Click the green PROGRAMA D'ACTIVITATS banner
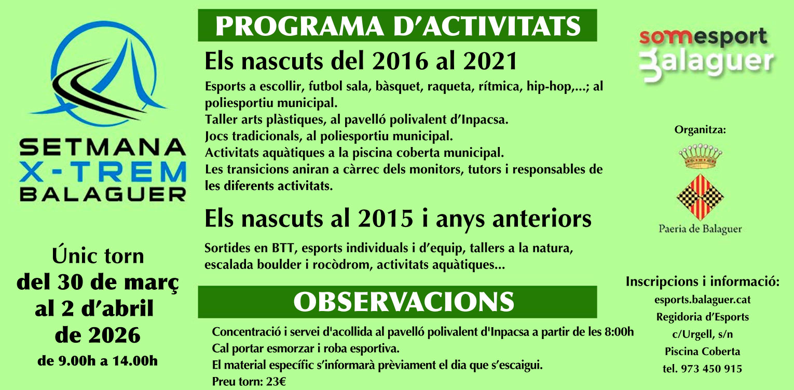[x=398, y=25]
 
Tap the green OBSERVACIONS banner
[x=398, y=302]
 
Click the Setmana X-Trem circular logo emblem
[x=99, y=73]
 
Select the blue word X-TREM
[x=103, y=171]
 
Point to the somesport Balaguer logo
[x=706, y=55]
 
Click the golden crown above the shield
[x=700, y=156]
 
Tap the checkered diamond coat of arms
[x=700, y=197]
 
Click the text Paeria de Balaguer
[x=700, y=229]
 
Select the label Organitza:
[x=700, y=130]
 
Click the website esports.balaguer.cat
[x=703, y=300]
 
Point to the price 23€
[x=276, y=382]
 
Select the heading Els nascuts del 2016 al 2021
[x=361, y=61]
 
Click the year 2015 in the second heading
[x=386, y=219]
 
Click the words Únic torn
[x=98, y=255]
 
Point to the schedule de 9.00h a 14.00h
[x=98, y=361]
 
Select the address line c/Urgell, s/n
[x=703, y=334]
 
